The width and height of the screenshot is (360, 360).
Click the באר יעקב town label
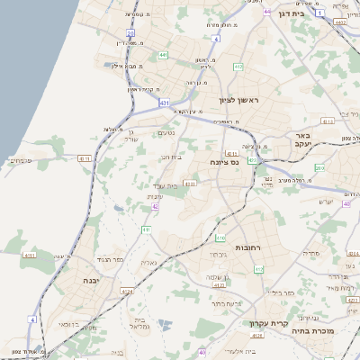[x=301, y=139]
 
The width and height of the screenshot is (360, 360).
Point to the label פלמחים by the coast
[x=20, y=160]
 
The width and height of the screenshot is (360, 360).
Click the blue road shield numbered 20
[x=130, y=33]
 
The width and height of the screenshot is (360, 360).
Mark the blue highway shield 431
[x=165, y=103]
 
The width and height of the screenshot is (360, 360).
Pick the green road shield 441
[x=163, y=56]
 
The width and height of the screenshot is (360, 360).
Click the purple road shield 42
[x=155, y=206]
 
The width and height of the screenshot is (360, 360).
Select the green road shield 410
[x=220, y=238]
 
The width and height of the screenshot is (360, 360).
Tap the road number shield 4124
[x=127, y=292]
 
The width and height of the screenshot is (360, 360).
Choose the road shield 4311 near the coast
[x=84, y=158]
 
